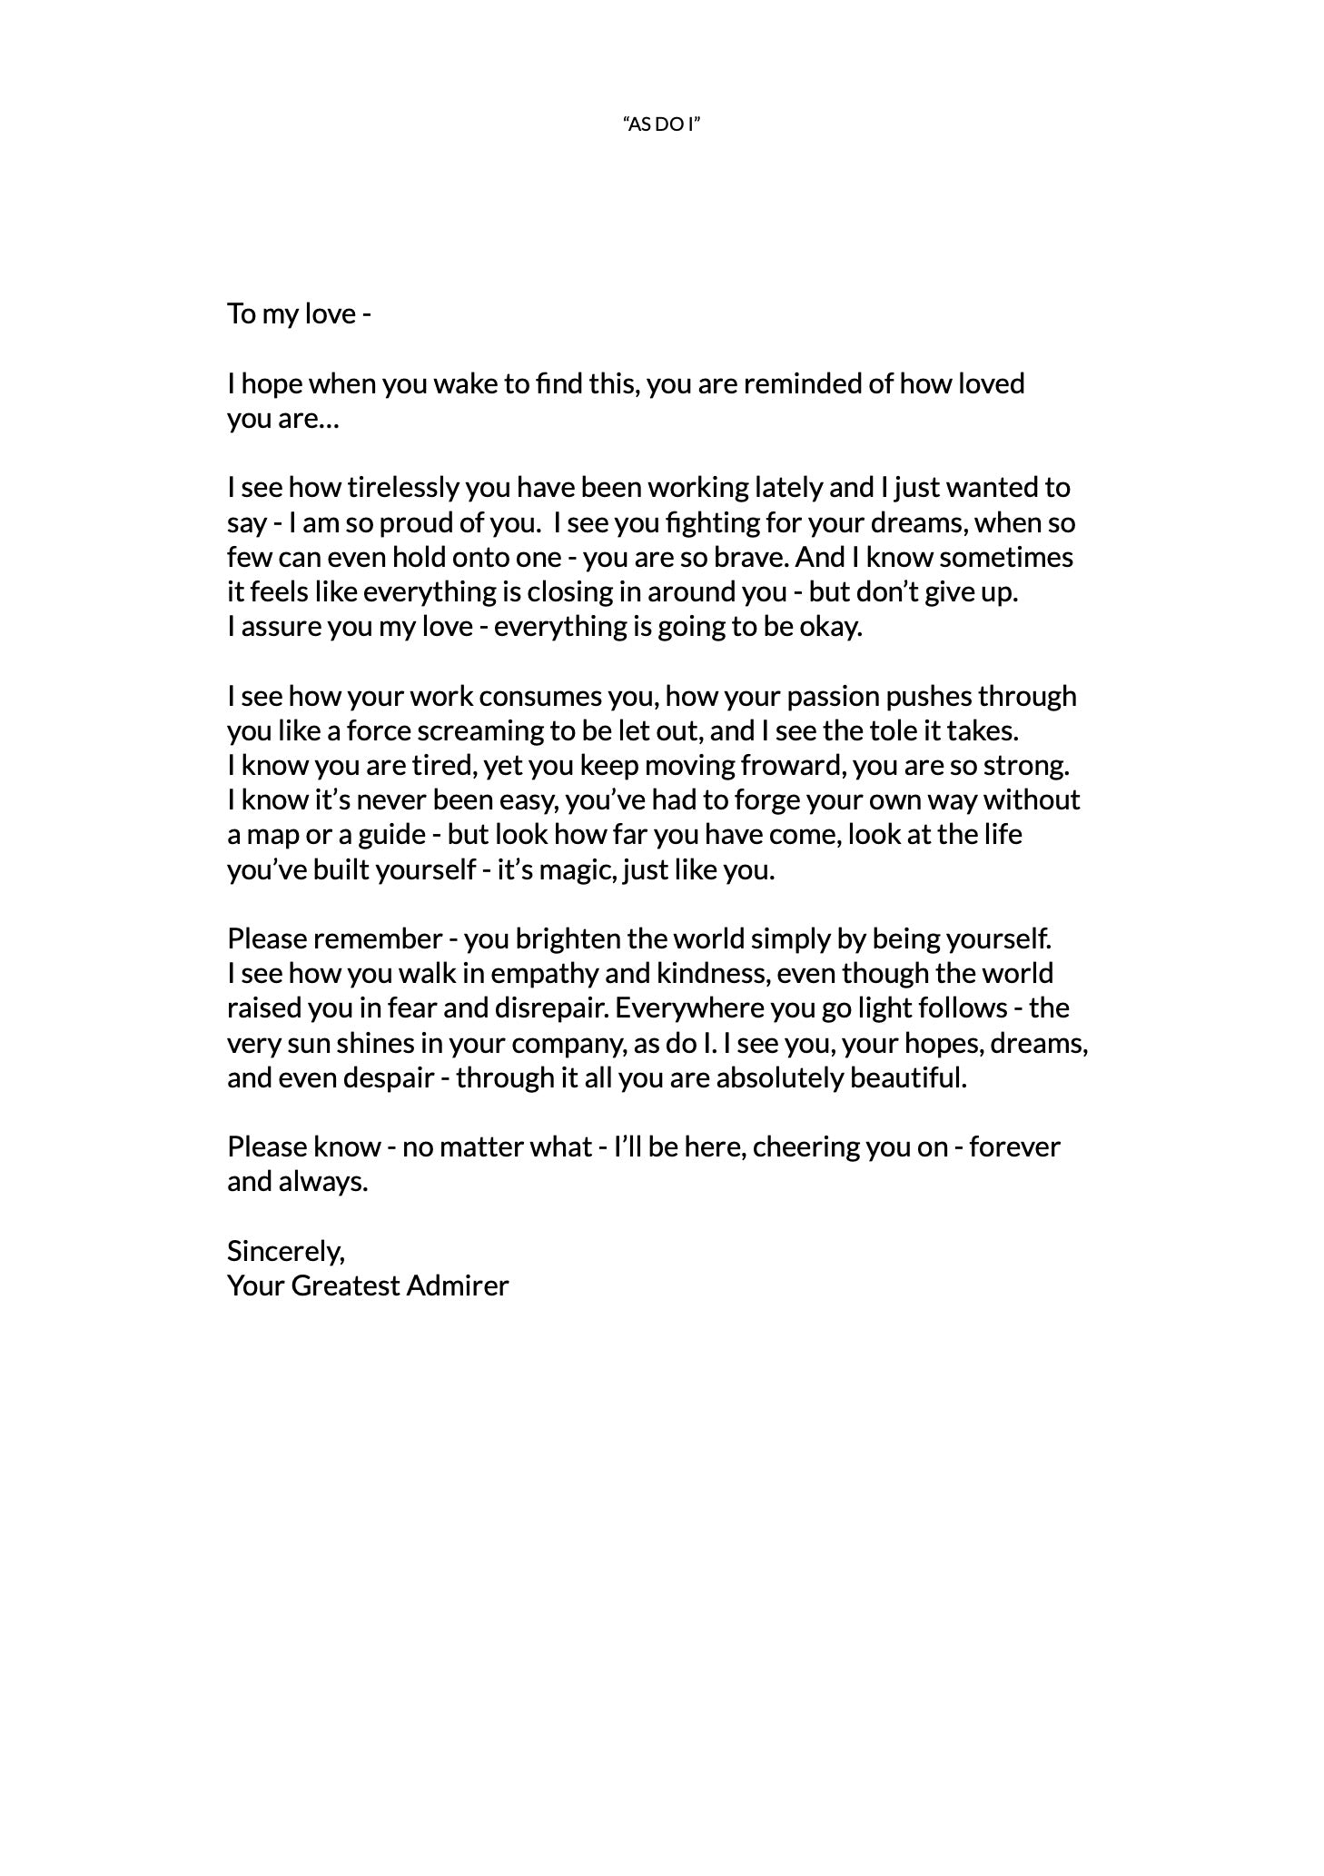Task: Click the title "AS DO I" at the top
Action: pyautogui.click(x=662, y=124)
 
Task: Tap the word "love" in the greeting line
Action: pyautogui.click(x=330, y=314)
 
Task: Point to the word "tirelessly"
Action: pyautogui.click(x=403, y=489)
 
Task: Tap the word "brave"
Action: pyautogui.click(x=753, y=558)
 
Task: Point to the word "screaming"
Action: pyautogui.click(x=475, y=731)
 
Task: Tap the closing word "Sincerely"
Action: pyautogui.click(x=285, y=1252)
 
